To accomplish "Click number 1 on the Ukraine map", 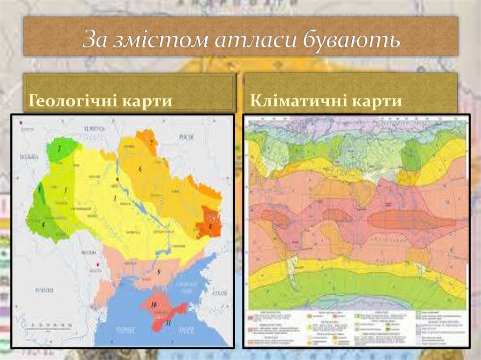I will tap(114, 199).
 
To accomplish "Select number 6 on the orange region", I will tap(140, 168).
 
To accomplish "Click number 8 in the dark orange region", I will tap(210, 225).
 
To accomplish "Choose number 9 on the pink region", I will tap(159, 272).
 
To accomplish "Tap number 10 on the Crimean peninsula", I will tap(154, 305).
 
